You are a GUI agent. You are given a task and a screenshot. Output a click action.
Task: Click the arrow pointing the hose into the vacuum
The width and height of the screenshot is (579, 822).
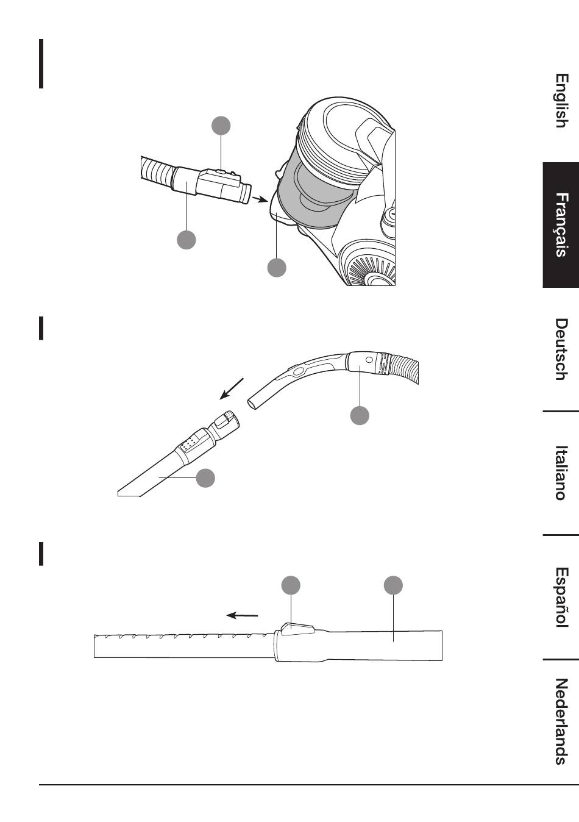260,199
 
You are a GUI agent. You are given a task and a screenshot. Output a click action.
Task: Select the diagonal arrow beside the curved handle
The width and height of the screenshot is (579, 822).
232,388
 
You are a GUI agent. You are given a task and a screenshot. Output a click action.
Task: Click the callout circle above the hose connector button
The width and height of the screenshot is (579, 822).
221,126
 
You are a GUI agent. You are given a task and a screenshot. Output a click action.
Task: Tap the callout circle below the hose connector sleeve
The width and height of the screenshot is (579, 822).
186,240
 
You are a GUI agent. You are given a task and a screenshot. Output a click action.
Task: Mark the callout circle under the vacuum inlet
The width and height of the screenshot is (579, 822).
277,267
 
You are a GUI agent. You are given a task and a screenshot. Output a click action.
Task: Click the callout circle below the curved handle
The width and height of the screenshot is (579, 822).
360,415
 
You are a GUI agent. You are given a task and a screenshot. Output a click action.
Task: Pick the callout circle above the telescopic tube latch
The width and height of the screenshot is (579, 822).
291,585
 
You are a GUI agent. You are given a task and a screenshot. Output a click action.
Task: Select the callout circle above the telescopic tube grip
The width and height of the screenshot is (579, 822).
393,585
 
